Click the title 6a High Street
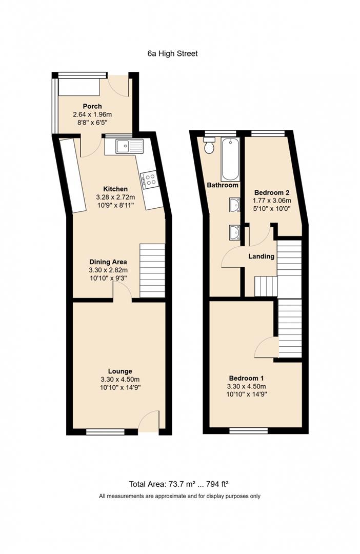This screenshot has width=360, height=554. tap(172, 53)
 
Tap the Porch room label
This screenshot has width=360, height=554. tap(92, 106)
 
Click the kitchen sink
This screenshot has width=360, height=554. tap(123, 147)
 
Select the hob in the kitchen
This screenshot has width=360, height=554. tap(151, 179)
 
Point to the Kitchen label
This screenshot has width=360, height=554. tap(115, 189)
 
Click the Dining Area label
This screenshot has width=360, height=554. tap(108, 262)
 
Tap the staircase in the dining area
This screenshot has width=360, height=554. tap(152, 270)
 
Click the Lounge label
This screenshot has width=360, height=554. tap(120, 371)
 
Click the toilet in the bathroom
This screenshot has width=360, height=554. tap(209, 147)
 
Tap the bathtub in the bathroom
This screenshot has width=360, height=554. tap(229, 158)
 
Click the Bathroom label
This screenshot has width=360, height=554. tap(223, 185)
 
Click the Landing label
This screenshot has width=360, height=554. tap(262, 256)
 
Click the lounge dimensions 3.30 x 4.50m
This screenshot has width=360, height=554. tap(120, 379)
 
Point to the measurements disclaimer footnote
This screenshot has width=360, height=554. tap(179, 496)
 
